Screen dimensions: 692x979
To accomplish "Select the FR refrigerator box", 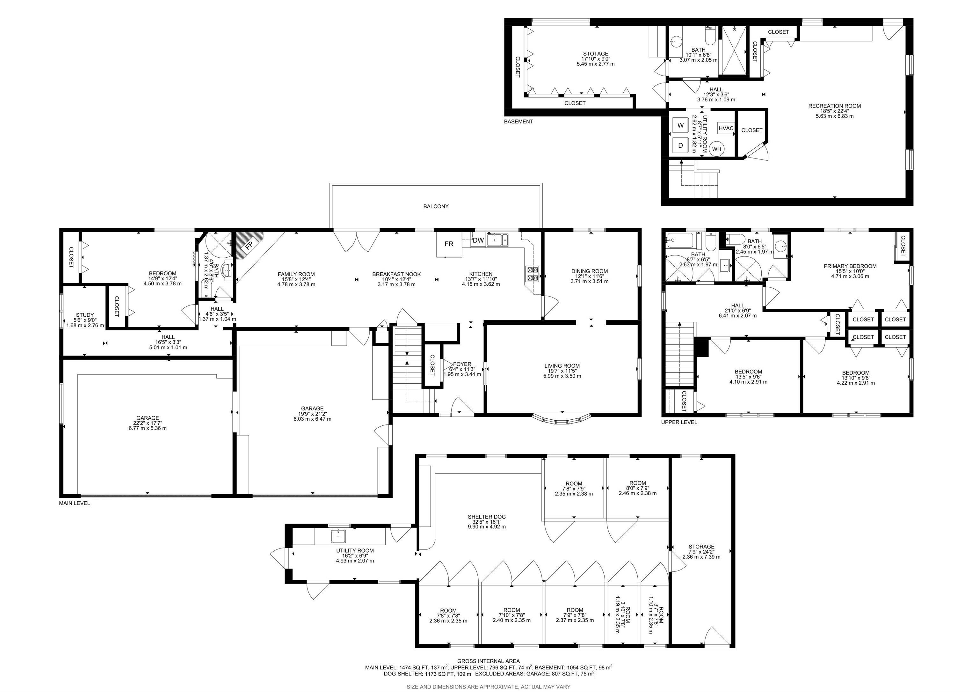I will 449,244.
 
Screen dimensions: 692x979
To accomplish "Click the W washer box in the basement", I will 680,125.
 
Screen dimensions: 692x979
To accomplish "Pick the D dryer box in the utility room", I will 680,145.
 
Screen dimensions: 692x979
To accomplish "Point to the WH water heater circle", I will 716,149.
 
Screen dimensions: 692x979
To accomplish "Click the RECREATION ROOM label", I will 834,106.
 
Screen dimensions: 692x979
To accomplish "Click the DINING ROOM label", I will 589,271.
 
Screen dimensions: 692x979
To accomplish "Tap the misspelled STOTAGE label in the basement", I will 596,54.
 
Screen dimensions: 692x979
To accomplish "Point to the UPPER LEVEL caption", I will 679,422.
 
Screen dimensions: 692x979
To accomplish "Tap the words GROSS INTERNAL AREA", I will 488,661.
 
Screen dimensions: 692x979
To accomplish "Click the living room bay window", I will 562,420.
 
